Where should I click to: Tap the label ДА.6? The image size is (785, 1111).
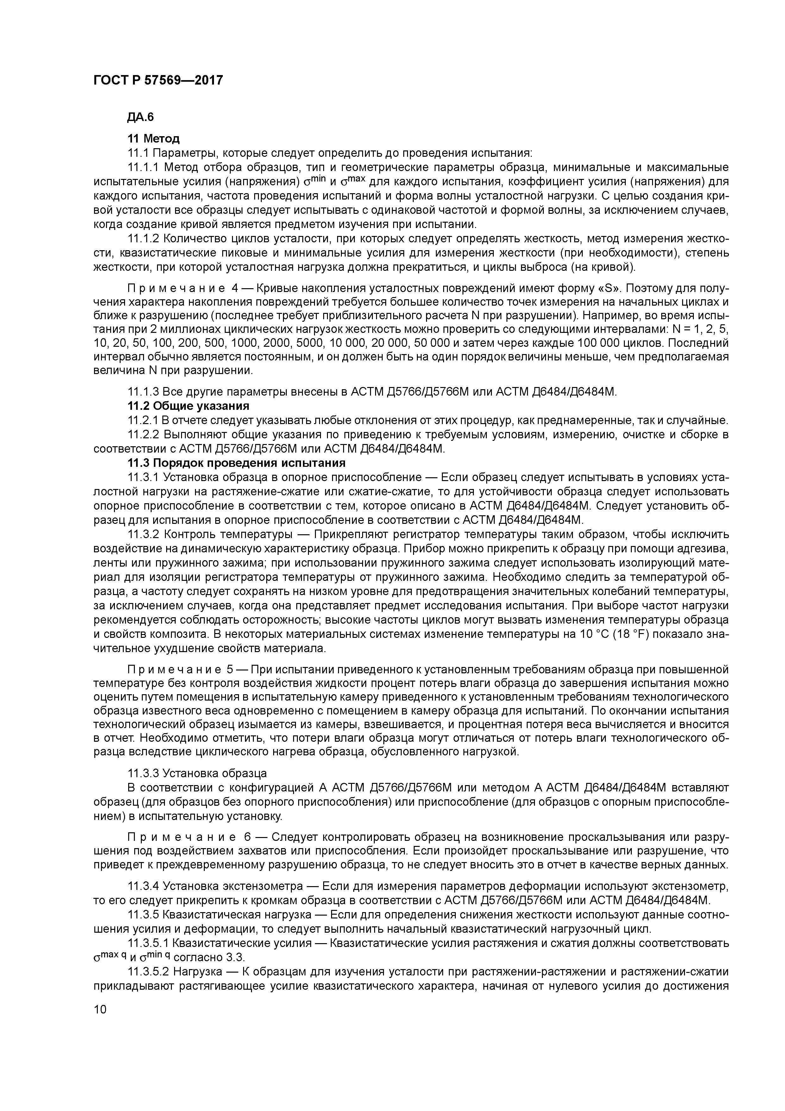(x=140, y=117)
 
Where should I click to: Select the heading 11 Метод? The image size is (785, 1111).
(x=153, y=139)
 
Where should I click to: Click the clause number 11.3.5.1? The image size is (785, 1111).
(x=148, y=943)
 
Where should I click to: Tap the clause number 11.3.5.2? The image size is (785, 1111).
(x=148, y=972)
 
